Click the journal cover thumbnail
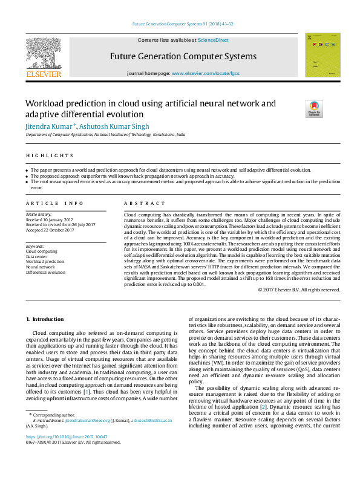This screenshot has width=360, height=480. tap(322, 55)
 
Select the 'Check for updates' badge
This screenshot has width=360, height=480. tap(314, 109)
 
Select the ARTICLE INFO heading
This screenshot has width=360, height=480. tap(54, 204)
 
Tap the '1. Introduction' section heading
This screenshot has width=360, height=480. tap(45, 319)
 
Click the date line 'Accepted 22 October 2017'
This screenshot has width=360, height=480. tap(50, 230)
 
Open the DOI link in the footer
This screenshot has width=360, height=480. tap(67, 436)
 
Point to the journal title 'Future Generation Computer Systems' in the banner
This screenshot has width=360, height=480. tap(183, 56)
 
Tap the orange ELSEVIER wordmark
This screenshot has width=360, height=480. tap(44, 74)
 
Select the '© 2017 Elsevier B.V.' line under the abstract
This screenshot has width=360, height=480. tap(299, 290)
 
